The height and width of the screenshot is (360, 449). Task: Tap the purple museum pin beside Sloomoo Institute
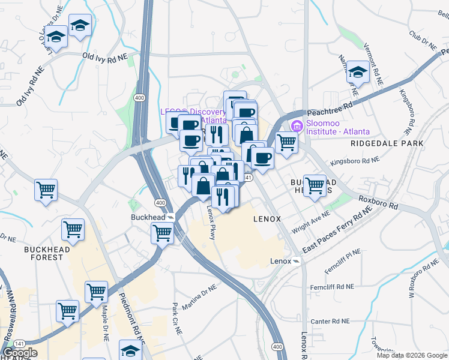point(295,127)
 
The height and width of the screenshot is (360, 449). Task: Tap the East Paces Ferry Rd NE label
point(336,232)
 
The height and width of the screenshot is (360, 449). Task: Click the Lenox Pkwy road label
point(211,223)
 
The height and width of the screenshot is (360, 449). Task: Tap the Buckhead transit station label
point(148,217)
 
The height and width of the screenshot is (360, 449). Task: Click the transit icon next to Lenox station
point(297,262)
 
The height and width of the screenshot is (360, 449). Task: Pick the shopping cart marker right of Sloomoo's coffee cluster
point(286,143)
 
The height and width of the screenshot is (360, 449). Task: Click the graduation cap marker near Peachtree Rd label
point(358,73)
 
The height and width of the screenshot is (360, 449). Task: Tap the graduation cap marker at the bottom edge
point(130,350)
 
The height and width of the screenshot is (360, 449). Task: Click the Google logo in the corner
point(20,353)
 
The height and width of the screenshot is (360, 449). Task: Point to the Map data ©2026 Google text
point(411,355)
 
